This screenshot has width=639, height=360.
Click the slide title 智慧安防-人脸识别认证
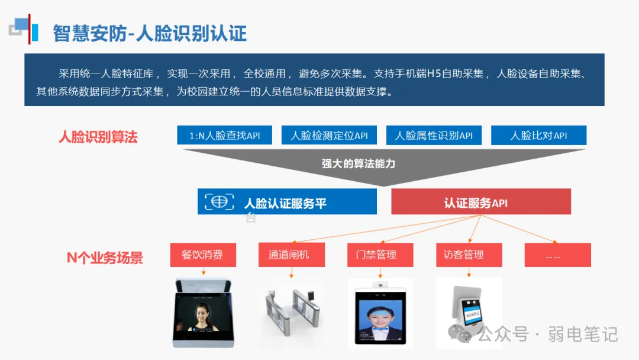coord(149,33)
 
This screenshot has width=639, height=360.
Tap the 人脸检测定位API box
coord(329,136)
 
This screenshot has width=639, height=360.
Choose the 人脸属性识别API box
coord(434,136)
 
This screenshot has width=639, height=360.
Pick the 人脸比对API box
coord(538,136)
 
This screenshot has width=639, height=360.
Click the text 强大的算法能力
coord(359,163)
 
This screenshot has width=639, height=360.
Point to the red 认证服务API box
coord(480,202)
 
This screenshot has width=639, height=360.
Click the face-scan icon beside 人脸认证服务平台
coord(219,202)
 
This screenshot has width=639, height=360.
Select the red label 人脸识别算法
coord(98,137)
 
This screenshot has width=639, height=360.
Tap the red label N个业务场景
coord(105,258)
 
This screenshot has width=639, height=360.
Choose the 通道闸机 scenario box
coord(292,255)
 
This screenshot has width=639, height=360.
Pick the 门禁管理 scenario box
coord(380,255)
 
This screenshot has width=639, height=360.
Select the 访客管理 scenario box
coord(469,255)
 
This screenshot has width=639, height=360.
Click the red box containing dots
coord(557,255)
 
